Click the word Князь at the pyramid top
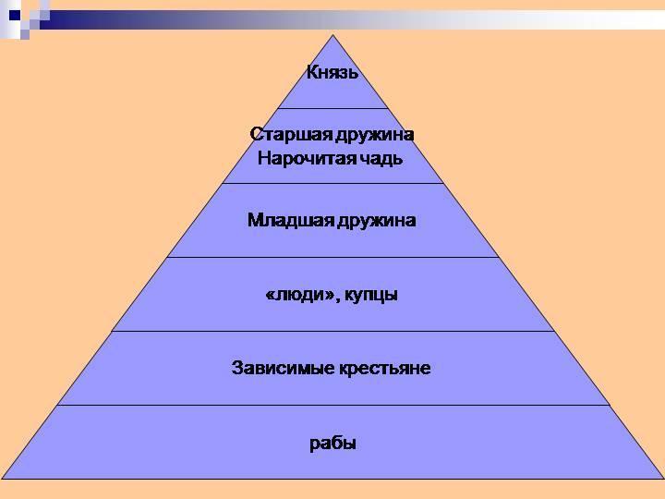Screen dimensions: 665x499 332,72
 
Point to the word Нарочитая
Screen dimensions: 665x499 300,157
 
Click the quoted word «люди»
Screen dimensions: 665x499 295,296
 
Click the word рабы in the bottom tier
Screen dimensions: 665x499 332,444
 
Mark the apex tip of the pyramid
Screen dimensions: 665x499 332,36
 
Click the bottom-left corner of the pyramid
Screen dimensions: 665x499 3,479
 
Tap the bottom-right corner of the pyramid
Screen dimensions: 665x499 662,479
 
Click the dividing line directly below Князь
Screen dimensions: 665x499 332,109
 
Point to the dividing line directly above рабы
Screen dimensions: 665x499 332,405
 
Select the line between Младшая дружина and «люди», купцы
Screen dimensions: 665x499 332,257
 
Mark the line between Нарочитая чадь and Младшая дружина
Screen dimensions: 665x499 332,183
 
